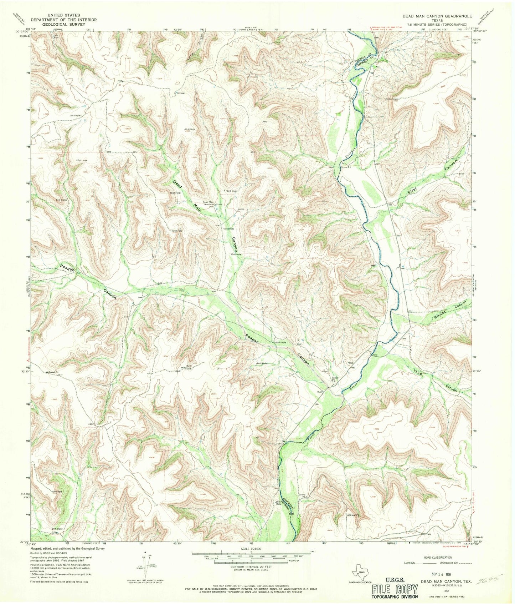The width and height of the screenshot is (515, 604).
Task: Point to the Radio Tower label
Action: click(391, 99)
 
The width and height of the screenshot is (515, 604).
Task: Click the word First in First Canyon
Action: click(414, 192)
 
